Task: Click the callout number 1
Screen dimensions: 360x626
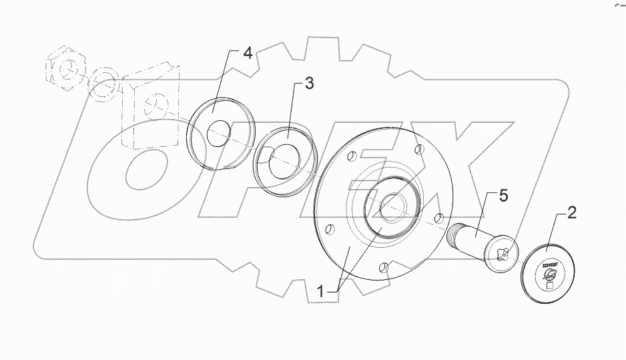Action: coord(321,292)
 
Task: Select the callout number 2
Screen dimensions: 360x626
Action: coord(572,214)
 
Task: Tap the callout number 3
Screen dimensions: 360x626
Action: coord(309,84)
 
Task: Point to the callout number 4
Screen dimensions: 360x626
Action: coord(247,53)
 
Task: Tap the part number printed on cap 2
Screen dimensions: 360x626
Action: coord(551,264)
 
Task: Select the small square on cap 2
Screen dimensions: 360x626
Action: coord(550,286)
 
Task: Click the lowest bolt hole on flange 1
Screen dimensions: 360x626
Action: coord(382,268)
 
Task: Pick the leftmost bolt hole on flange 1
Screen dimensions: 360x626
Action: coord(328,230)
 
